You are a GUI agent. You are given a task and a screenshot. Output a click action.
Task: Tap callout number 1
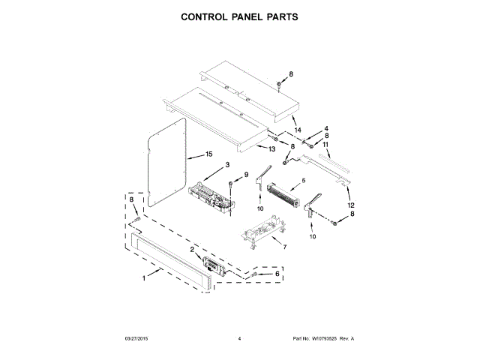145,280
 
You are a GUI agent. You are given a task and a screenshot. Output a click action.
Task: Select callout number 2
193,249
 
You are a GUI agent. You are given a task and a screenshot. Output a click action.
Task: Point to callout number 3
227,164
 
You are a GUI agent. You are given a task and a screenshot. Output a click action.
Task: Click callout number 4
327,129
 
